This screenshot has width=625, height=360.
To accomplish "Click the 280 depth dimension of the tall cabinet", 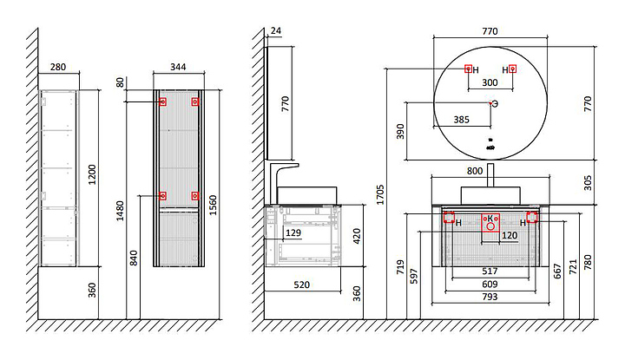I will coord(59,67).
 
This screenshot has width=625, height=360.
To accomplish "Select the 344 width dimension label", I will coord(177,67).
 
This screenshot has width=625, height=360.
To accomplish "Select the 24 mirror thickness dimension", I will coord(277,32).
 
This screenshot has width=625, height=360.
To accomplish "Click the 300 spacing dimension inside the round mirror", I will coord(490,83).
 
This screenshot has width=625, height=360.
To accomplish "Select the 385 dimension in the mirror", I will coord(462,120).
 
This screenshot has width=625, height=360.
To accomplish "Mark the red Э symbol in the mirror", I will coord(495,104).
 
